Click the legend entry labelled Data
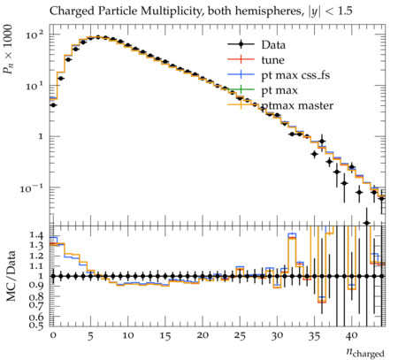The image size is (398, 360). [273, 45]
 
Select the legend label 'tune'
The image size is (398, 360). [272, 60]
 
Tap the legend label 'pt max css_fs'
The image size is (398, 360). [295, 76]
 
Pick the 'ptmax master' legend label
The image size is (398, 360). [297, 105]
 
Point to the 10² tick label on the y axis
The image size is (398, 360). [34, 35]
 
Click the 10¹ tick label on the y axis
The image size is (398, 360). [34, 86]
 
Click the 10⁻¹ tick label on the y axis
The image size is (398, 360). [32, 188]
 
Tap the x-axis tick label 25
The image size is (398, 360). [240, 336]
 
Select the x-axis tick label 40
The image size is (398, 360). [352, 336]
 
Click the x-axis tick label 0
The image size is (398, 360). [53, 336]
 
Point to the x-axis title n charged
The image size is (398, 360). [365, 352]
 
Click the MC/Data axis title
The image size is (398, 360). [11, 276]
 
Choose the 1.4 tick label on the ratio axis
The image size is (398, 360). [37, 235]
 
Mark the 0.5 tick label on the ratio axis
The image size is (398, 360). [37, 326]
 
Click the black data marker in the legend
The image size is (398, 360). [241, 44]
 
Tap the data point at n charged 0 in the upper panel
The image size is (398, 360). [53, 105]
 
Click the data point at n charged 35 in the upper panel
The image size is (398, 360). [314, 154]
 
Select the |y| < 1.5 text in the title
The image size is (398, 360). [331, 11]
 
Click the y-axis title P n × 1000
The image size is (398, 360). [8, 50]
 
